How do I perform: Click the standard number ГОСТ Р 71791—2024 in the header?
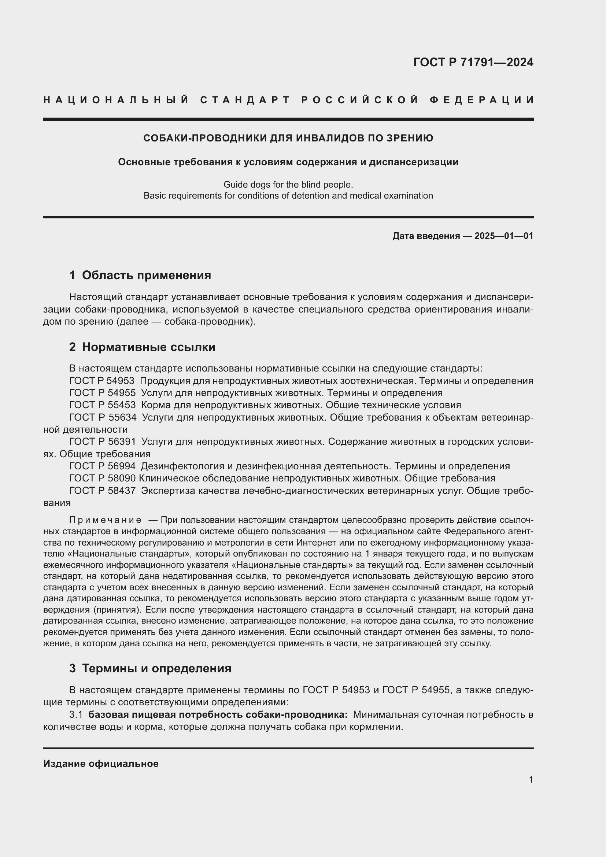473,62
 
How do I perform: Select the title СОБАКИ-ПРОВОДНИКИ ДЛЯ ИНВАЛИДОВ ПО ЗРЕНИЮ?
288,138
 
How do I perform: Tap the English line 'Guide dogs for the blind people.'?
288,184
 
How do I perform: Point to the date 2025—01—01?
504,236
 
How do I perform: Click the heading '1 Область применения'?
140,275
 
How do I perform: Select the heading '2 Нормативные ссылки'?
142,347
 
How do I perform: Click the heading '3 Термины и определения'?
150,668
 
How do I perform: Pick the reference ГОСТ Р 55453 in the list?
102,405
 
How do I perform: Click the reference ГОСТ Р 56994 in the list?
102,466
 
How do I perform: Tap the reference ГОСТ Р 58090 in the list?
102,478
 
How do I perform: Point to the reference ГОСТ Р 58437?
102,491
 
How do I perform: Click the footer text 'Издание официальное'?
101,764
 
